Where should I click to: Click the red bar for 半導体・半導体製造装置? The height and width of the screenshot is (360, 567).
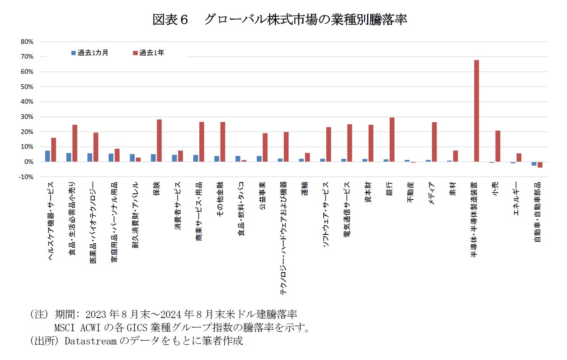tap(476, 111)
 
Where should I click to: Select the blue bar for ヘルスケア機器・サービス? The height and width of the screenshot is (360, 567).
tap(47, 156)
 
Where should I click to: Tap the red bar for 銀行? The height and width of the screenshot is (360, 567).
tap(392, 139)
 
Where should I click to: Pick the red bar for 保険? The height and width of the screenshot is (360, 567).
tap(159, 141)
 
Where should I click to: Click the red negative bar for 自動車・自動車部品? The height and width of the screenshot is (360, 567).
tap(540, 165)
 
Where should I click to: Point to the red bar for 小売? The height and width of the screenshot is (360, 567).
tap(498, 146)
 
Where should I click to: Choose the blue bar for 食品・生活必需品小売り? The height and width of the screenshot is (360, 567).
tap(69, 157)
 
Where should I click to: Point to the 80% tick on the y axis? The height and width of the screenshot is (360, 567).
tap(27, 42)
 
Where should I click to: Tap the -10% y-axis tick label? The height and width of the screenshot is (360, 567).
tap(26, 177)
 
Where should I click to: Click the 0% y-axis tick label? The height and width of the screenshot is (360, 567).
tap(29, 162)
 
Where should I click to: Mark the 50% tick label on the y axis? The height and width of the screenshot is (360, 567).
tap(27, 87)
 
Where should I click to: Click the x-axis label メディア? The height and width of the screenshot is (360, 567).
tap(432, 193)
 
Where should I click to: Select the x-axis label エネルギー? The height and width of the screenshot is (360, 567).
tap(516, 198)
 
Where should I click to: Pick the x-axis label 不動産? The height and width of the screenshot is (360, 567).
tap(411, 192)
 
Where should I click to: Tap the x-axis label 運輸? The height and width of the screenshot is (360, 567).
tap(305, 189)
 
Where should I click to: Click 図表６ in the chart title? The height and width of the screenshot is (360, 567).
tap(170, 19)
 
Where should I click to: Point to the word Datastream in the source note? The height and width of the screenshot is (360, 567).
tap(90, 341)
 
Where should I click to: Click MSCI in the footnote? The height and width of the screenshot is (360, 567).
tap(64, 328)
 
